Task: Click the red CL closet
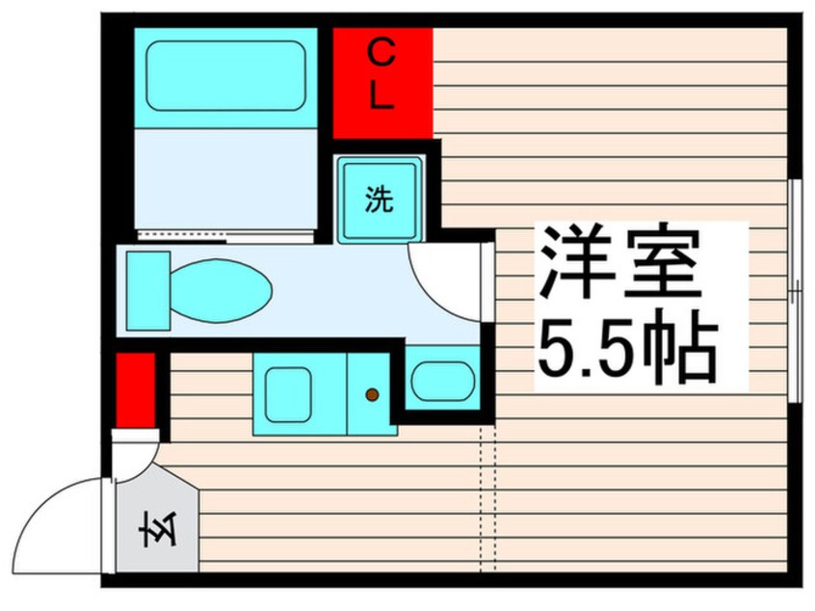(382, 83)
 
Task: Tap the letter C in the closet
(382, 56)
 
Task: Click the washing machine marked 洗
(380, 199)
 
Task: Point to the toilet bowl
(222, 287)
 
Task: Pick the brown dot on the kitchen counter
(372, 394)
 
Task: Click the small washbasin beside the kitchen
(441, 382)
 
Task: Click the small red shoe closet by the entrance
(135, 389)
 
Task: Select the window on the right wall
(795, 289)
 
